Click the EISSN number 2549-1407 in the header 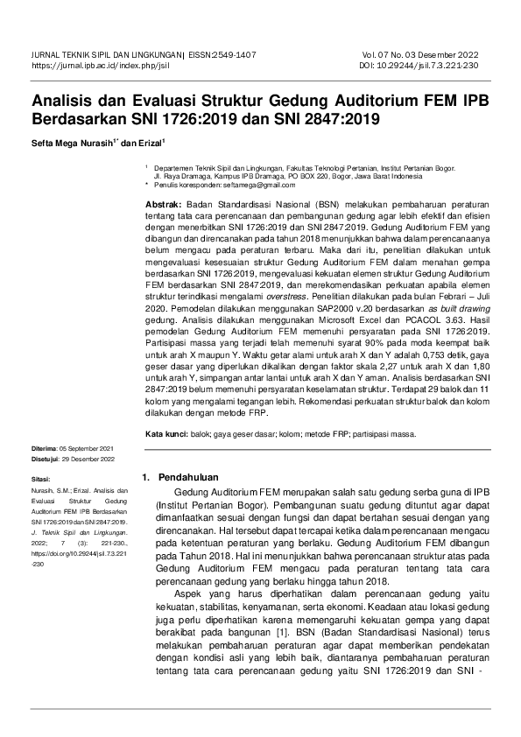tap(233, 54)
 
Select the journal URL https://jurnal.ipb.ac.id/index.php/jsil tap(102, 66)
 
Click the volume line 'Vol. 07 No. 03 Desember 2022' tap(419, 54)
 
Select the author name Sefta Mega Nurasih tap(73, 142)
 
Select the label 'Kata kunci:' tap(165, 433)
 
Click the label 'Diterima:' tap(47, 448)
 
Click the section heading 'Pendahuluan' tap(187, 478)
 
